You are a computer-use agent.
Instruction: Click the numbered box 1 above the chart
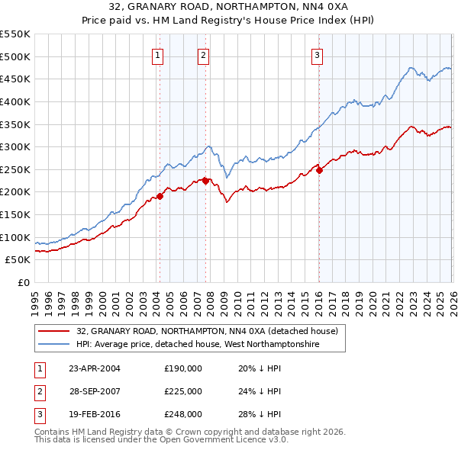tap(157, 54)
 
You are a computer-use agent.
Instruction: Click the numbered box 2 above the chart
tap(204, 54)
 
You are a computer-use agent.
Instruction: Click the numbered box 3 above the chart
tap(317, 54)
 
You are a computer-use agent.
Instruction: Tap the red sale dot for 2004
tap(160, 196)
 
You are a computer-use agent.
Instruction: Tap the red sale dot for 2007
tap(206, 181)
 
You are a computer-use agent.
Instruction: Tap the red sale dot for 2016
tap(319, 170)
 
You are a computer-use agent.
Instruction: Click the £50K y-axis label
tap(18, 260)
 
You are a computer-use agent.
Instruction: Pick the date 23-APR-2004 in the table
tap(95, 368)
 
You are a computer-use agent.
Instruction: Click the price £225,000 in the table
tap(183, 391)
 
